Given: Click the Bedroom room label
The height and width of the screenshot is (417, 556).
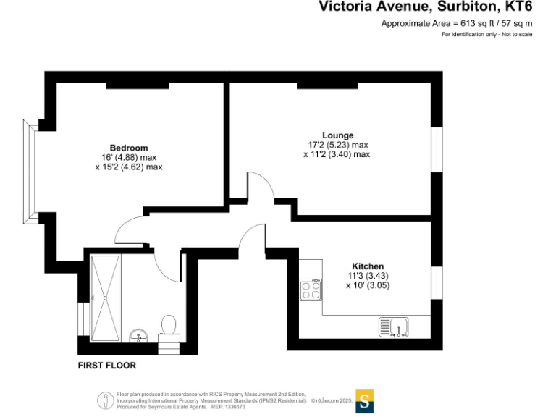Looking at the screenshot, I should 129,148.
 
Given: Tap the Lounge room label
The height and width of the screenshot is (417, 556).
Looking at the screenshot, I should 337,135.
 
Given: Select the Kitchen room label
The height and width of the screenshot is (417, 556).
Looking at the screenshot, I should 368,266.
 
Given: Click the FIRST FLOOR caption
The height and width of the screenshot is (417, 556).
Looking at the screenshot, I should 106,366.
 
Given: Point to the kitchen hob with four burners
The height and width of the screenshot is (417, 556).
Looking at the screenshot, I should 311,290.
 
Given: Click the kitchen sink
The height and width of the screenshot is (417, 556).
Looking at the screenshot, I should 394,327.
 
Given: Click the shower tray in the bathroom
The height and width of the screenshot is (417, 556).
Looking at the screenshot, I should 106,297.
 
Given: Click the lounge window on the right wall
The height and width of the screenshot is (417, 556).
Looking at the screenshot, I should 437,150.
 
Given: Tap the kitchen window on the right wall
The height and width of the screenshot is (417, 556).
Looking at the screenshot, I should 437,282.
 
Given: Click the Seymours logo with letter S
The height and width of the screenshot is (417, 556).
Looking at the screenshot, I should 365,401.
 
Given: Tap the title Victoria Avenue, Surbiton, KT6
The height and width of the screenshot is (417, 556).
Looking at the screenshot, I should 426,7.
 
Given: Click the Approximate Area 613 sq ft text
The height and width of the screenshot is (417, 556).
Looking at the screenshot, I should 457,23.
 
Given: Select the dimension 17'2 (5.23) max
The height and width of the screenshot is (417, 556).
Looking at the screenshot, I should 337,145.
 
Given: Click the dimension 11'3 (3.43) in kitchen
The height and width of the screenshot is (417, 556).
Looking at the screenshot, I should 368,276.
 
